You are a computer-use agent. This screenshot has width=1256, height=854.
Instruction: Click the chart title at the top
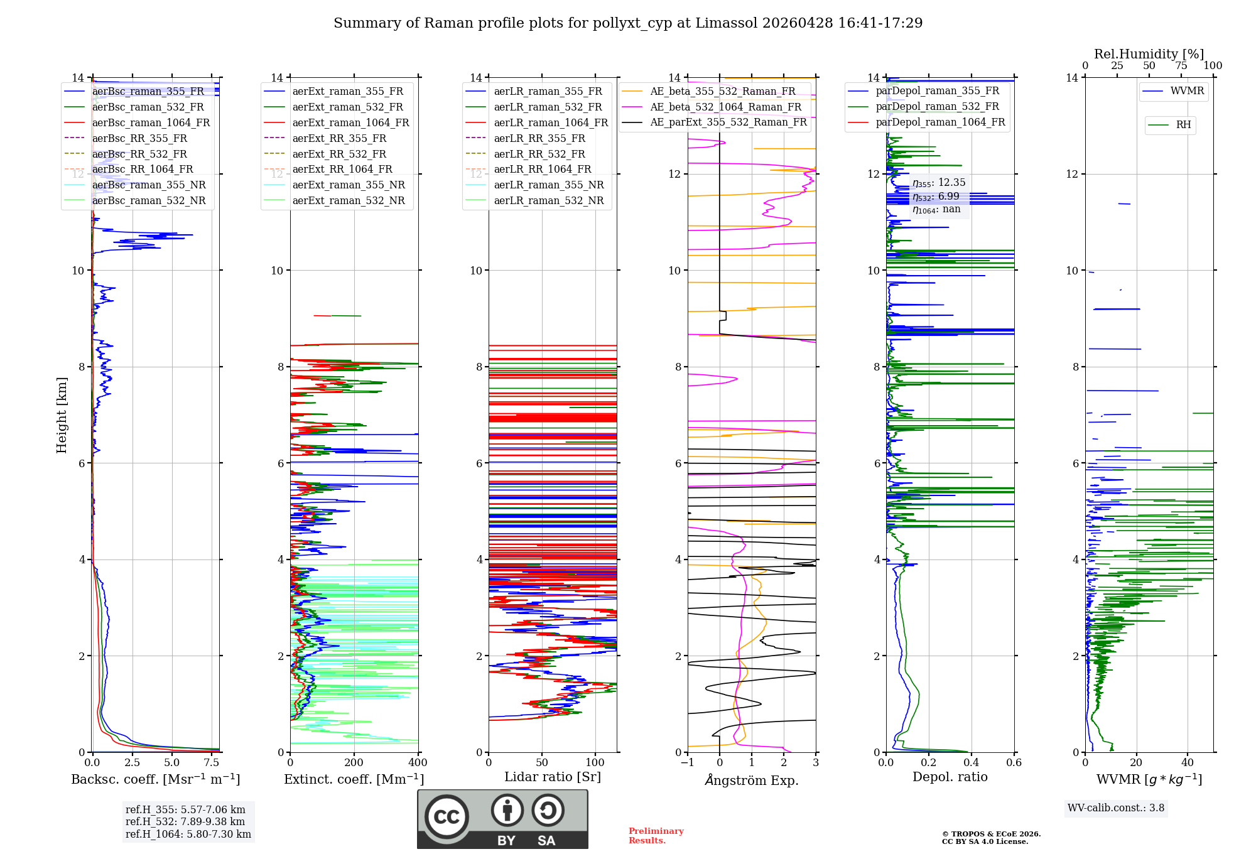click(x=628, y=23)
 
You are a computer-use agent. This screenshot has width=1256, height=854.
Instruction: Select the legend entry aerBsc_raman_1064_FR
click(x=151, y=123)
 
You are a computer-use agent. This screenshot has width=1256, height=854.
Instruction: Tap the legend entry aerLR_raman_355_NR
click(x=548, y=185)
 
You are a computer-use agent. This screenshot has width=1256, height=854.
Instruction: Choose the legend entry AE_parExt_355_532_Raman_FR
click(x=728, y=122)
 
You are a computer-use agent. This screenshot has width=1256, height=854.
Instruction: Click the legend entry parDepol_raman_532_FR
click(x=937, y=107)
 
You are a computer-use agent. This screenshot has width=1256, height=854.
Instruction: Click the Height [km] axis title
click(x=62, y=414)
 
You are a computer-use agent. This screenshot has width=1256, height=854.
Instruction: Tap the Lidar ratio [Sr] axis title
click(x=553, y=777)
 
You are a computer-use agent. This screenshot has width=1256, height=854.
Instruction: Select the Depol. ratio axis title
click(x=950, y=777)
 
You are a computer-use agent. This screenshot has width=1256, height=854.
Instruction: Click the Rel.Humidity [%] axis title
click(x=1149, y=54)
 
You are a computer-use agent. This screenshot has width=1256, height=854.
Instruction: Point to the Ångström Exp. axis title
click(x=752, y=781)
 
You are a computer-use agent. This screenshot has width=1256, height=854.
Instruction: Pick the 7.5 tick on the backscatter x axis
click(x=212, y=763)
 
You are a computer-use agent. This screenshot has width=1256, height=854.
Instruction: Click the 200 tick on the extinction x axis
click(x=354, y=763)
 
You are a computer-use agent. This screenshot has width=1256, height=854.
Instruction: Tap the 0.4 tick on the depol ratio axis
click(x=972, y=763)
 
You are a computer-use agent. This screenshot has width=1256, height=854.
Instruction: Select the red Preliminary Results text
click(x=656, y=836)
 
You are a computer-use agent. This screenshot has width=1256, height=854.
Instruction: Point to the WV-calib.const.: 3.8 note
click(x=1116, y=808)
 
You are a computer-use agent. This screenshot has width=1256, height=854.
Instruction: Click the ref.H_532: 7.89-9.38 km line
click(x=185, y=822)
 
